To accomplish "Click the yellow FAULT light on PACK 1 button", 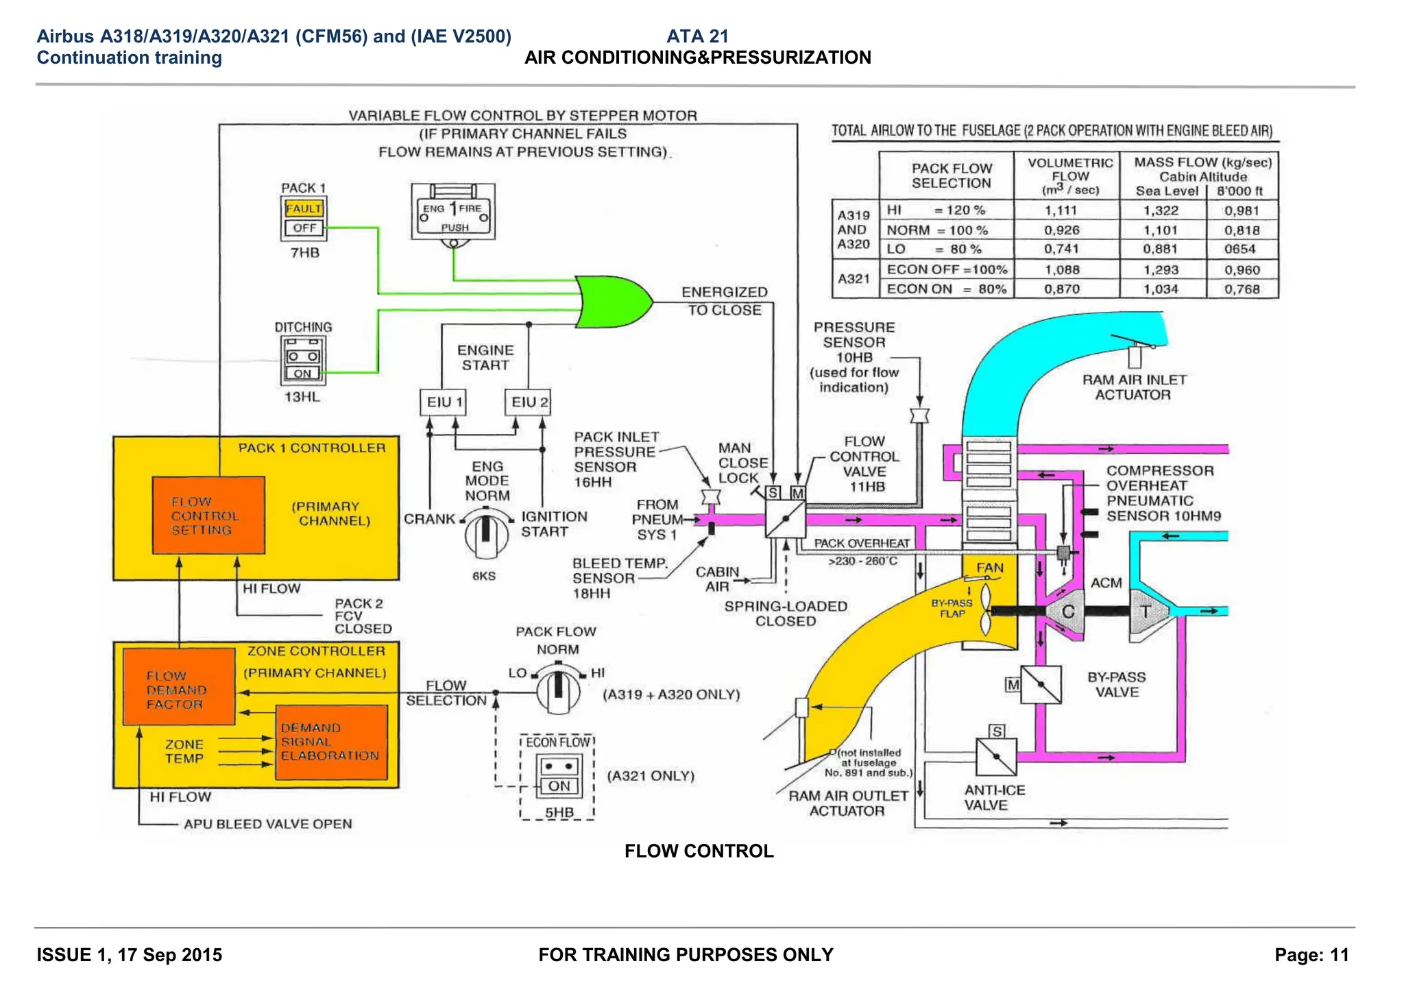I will point(304,208).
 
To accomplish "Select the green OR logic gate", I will point(612,302).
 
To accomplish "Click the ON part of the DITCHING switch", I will point(303,374).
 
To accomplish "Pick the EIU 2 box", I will point(529,402).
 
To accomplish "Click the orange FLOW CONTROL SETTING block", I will point(208,516).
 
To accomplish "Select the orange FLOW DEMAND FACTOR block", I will point(179,687).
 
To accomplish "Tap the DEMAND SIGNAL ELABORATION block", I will point(331,742).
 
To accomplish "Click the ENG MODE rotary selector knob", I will point(486,532).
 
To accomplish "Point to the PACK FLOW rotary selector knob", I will point(558,688).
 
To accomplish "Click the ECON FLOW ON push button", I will point(559,786).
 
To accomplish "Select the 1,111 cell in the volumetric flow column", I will point(1061,210).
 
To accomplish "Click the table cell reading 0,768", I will point(1242,289).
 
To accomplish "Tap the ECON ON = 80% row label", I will point(946,289).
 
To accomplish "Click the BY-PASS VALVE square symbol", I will point(1040,684).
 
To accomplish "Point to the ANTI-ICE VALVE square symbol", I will point(996,757).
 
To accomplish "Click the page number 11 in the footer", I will point(1340,955).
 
